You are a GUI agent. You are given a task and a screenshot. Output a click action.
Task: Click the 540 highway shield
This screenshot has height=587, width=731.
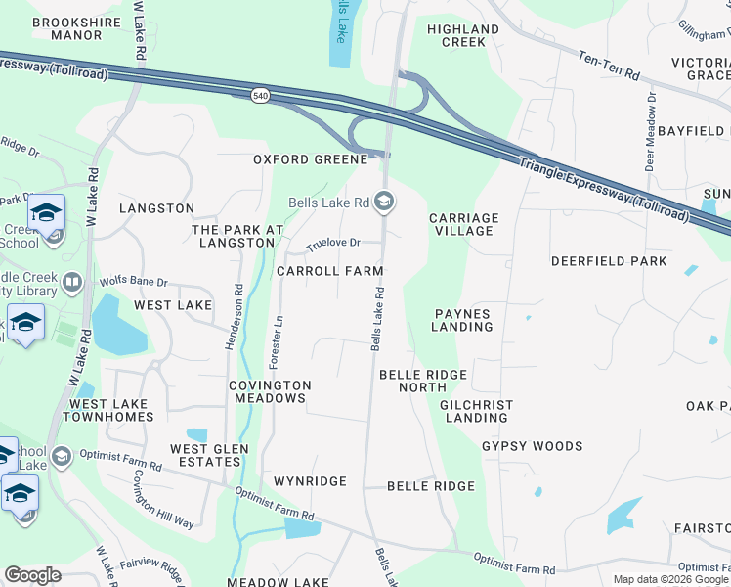click(x=260, y=95)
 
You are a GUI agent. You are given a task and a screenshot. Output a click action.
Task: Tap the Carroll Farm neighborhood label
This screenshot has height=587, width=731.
click(x=329, y=271)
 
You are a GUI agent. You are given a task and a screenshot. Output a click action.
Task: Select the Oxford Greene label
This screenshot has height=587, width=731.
click(x=310, y=159)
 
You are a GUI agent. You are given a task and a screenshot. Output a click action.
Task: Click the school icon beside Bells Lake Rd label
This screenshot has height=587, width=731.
click(x=384, y=203)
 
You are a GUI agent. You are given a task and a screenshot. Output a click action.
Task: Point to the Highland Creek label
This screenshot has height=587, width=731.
click(x=463, y=36)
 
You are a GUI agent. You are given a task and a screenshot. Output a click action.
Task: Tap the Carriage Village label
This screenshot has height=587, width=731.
click(x=463, y=224)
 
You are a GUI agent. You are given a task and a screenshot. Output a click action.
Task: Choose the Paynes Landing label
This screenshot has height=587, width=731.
click(x=463, y=320)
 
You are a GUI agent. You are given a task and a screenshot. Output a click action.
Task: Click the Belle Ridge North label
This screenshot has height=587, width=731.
click(x=423, y=381)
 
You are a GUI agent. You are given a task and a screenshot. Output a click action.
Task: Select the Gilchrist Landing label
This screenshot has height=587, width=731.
click(x=475, y=411)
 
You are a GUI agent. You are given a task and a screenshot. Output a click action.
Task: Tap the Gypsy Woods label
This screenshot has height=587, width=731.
click(x=533, y=446)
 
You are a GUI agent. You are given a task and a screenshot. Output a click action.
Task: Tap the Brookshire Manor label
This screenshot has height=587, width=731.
click(x=65, y=28)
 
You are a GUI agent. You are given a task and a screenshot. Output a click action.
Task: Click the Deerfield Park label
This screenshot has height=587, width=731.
click(x=609, y=261)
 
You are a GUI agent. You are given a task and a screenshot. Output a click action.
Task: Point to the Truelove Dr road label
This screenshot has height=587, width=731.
click(x=333, y=243)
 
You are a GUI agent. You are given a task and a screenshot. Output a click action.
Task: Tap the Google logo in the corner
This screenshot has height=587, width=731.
click(x=32, y=575)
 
